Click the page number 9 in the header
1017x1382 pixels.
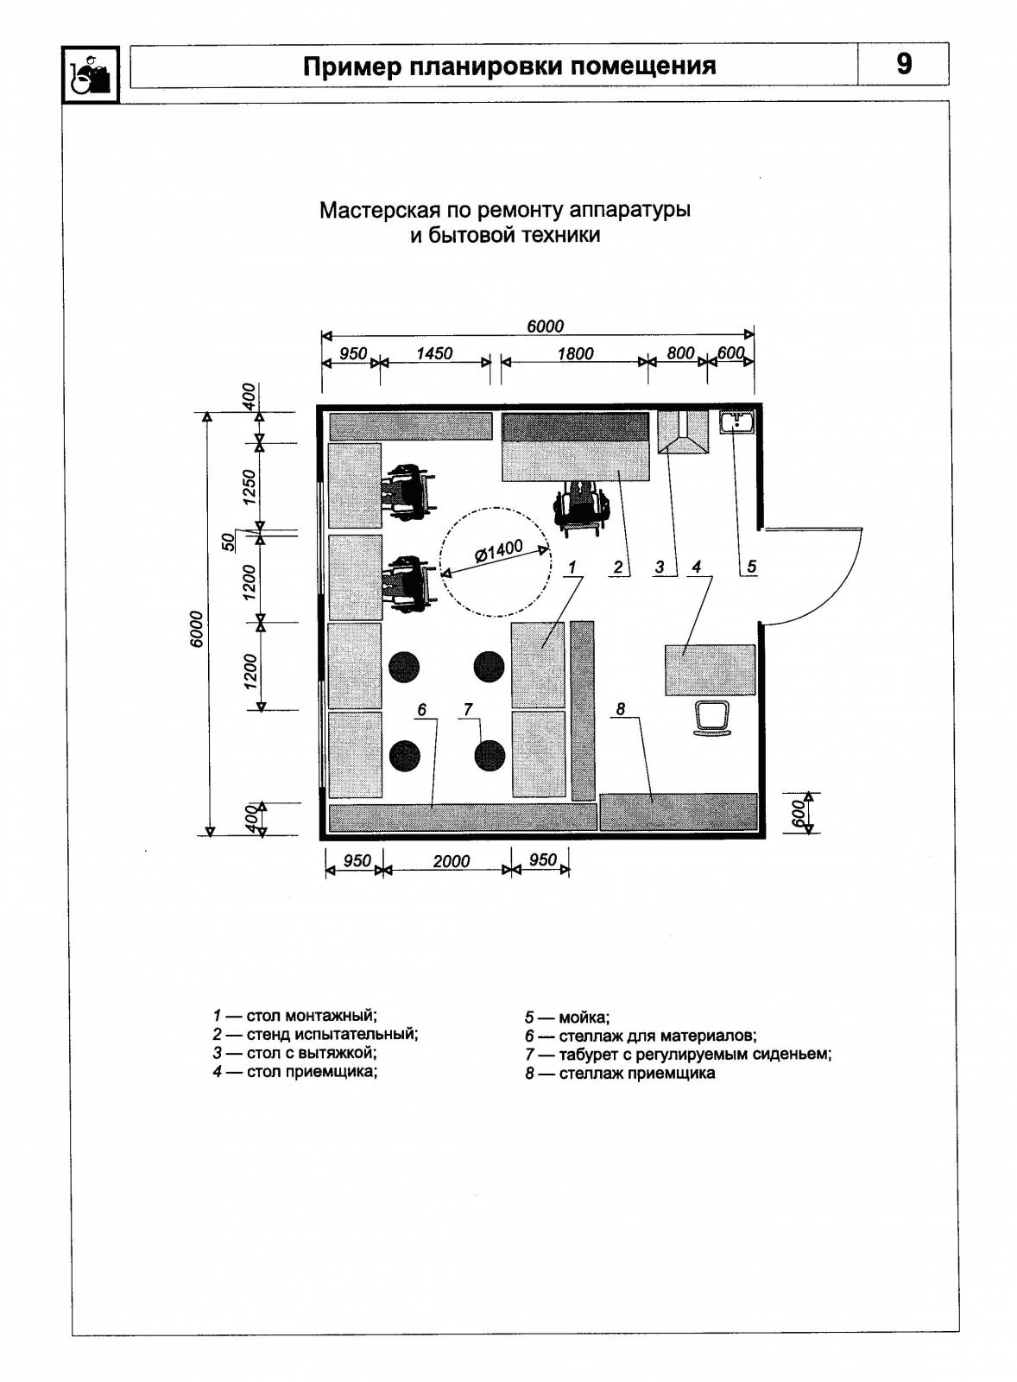pos(903,64)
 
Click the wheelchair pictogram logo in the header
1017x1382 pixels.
pos(90,74)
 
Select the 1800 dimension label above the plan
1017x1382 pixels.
pos(575,354)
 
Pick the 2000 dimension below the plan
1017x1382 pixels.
pos(451,861)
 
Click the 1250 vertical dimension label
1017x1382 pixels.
pos(249,487)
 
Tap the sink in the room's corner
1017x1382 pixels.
pos(737,423)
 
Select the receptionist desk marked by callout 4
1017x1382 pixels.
pos(710,669)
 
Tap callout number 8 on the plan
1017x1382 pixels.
pos(621,709)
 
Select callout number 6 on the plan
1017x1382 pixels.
pos(421,709)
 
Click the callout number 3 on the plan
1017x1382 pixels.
pos(660,567)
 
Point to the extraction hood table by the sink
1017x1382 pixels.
pos(682,433)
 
